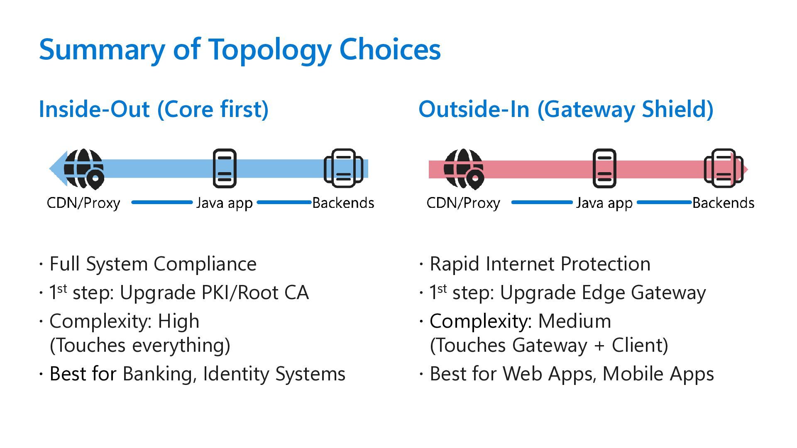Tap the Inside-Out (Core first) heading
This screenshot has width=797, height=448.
coord(154,109)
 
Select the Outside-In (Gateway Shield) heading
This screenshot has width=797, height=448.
coord(566,109)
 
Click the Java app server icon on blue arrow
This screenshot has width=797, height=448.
coord(225,168)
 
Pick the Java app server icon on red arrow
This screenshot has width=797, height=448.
coord(604,168)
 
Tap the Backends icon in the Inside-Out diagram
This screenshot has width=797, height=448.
coord(343,168)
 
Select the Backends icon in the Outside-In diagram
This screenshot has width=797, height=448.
coord(724,168)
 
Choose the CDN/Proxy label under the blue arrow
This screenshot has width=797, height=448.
coord(83,203)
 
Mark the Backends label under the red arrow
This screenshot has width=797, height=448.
coord(723,203)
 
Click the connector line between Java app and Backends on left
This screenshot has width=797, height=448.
coord(284,202)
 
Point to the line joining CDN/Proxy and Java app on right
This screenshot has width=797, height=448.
coord(542,202)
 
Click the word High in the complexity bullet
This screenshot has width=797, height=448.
coord(178,321)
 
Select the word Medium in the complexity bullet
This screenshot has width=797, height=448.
coord(575,321)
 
